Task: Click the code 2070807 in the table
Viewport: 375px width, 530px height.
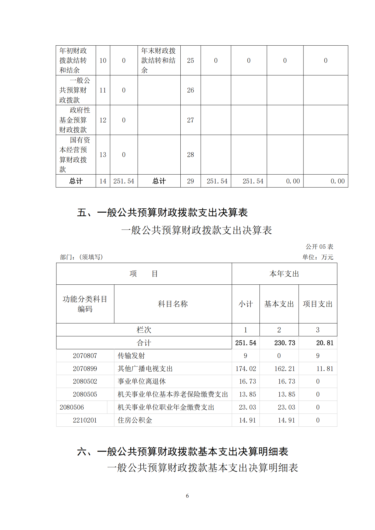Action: point(85,356)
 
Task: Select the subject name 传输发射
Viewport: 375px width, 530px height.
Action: point(131,356)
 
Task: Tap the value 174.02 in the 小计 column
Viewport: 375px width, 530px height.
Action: point(246,369)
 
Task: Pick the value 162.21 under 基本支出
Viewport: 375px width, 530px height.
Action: point(285,369)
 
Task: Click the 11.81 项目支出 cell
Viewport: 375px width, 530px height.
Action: point(325,369)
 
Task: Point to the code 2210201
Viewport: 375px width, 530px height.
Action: point(85,420)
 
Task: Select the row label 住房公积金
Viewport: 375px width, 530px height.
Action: point(135,420)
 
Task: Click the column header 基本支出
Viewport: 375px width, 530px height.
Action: point(279,304)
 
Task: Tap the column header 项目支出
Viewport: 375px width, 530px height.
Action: point(317,304)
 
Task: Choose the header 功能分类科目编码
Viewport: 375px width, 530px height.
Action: point(85,304)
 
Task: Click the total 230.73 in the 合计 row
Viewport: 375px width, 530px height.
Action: point(285,343)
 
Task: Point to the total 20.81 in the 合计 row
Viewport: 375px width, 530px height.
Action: point(325,343)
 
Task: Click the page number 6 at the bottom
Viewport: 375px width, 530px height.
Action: point(187,496)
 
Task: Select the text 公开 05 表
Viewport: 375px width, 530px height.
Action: point(319,247)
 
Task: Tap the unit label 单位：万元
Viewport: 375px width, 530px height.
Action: point(317,257)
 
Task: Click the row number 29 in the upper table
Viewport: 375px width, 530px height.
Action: point(190,181)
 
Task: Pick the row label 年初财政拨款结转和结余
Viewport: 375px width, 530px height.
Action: point(73,60)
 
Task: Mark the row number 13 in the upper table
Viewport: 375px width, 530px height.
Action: point(103,155)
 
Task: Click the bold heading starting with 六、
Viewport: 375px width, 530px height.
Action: point(183,451)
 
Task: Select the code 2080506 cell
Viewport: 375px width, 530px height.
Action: point(72,407)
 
